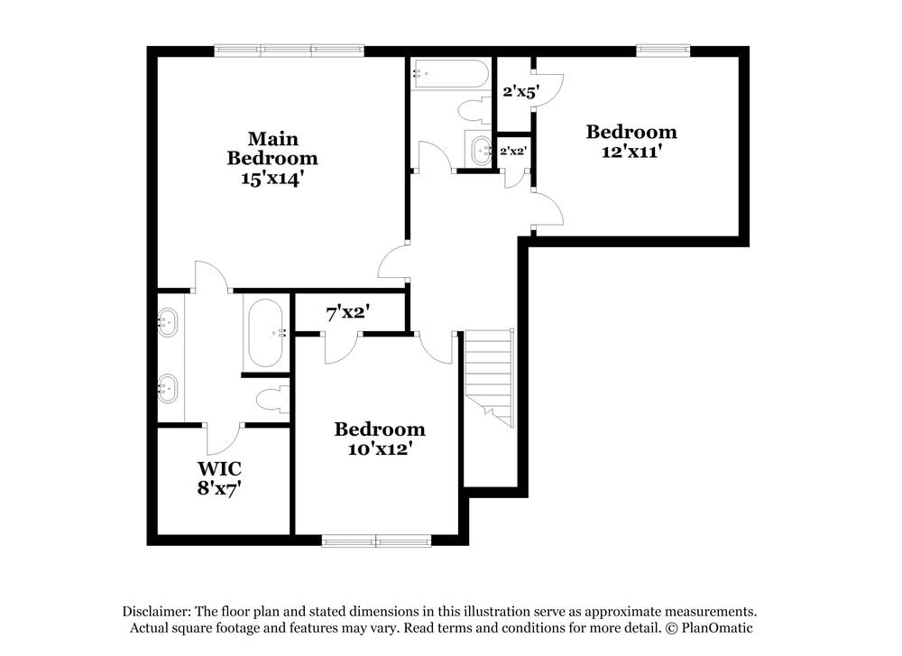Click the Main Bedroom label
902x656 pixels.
(x=272, y=148)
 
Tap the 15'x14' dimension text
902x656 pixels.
(x=272, y=179)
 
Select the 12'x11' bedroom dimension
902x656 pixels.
(x=631, y=152)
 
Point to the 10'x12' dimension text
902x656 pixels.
(x=380, y=448)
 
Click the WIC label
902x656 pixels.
(x=219, y=469)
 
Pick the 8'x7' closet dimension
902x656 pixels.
(x=219, y=489)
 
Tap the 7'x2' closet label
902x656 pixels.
(x=348, y=313)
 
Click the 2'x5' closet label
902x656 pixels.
(x=520, y=91)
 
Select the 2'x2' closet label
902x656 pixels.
(x=512, y=151)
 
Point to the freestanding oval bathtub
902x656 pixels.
(x=264, y=332)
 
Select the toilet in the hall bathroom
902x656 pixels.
(x=473, y=111)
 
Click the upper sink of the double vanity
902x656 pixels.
(x=168, y=322)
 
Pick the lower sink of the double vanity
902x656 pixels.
(x=168, y=389)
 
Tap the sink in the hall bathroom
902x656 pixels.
(x=480, y=148)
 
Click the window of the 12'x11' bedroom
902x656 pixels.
(x=663, y=51)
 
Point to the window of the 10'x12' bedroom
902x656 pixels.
(x=376, y=541)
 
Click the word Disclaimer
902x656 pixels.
(x=151, y=611)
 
